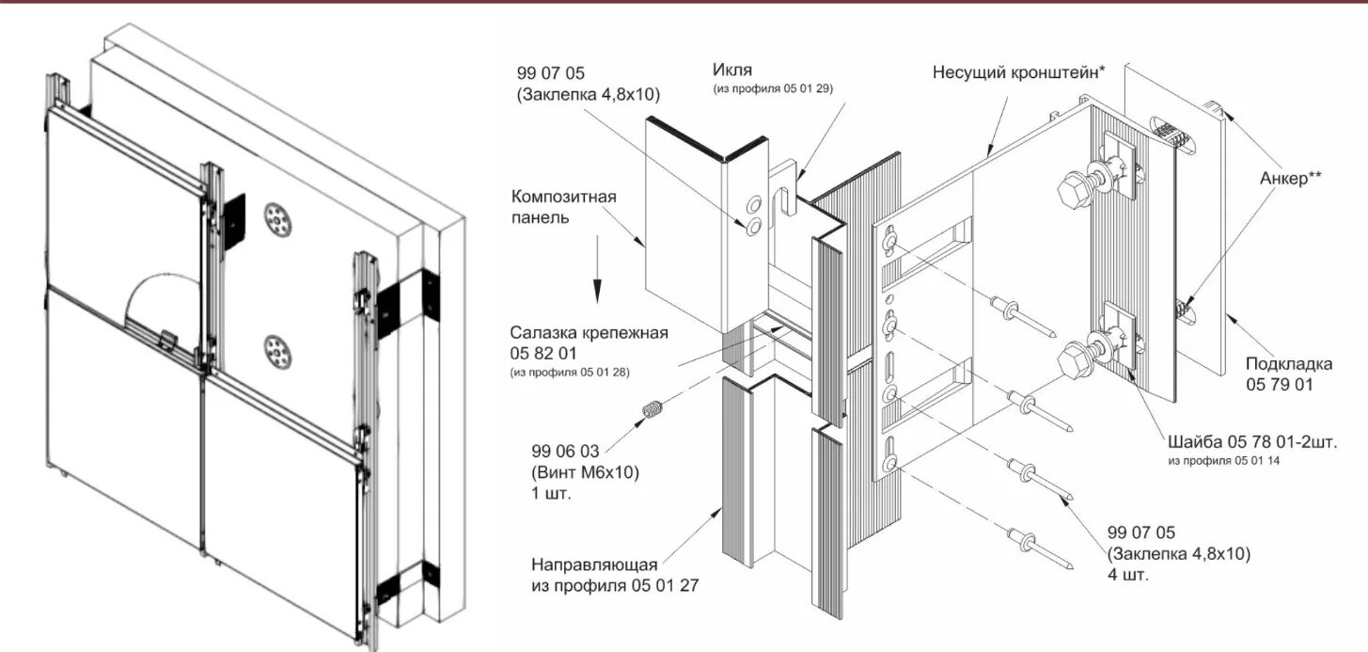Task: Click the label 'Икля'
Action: coord(732,70)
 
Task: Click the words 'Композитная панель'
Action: coord(563,207)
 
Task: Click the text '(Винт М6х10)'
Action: coord(585,473)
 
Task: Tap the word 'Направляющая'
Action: coord(594,565)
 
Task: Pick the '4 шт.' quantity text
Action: coord(1128,574)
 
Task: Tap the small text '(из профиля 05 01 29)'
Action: coord(773,88)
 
